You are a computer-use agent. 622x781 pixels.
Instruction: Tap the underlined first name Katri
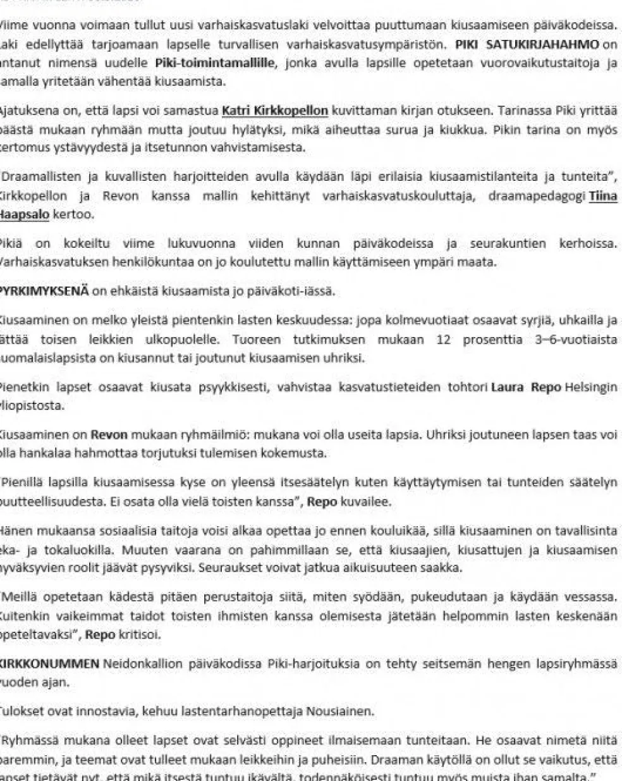coord(239,111)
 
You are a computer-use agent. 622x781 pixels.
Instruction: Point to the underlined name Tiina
coord(603,196)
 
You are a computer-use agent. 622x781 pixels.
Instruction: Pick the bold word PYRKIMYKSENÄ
coord(44,292)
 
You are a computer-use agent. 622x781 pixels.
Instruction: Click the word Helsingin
coord(592,387)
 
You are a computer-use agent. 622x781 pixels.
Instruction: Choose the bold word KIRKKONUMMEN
coord(49,664)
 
